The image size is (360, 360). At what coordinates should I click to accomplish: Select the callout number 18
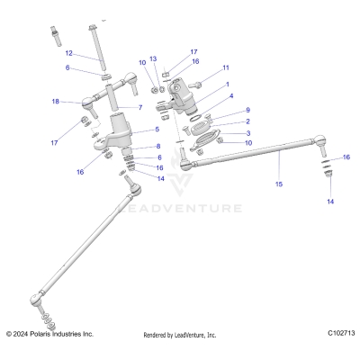[56, 102]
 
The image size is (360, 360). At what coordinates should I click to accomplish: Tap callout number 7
[139, 107]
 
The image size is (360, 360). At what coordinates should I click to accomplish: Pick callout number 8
[158, 146]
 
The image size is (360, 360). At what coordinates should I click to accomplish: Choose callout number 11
[225, 67]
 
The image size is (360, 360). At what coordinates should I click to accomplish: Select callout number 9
[247, 110]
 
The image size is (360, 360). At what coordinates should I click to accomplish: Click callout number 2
[247, 121]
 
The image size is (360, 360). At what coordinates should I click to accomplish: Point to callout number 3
[247, 132]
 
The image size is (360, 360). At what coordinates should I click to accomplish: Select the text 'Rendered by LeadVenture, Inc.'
[180, 335]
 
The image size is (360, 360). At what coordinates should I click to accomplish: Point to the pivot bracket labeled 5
[122, 133]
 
